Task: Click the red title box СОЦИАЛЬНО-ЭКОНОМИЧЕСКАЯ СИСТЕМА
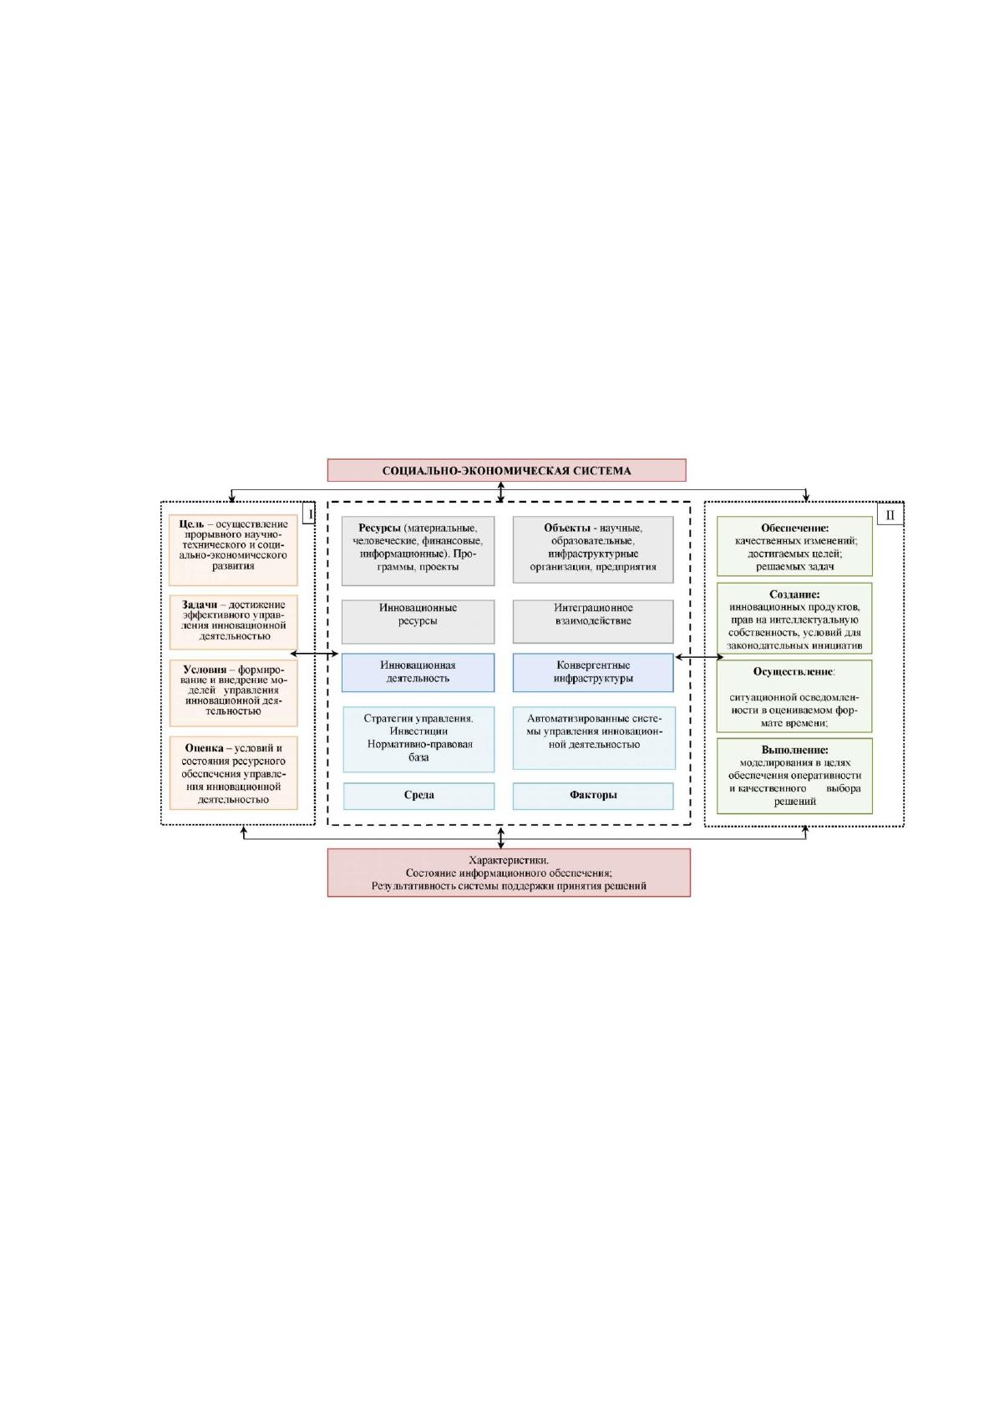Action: (x=506, y=470)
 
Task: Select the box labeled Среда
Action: (x=418, y=796)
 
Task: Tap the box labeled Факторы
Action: (x=593, y=796)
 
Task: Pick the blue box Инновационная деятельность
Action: (x=418, y=672)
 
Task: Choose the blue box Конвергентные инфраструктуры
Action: (x=593, y=672)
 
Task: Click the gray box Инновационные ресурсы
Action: (x=418, y=621)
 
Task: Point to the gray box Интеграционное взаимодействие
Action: (x=593, y=621)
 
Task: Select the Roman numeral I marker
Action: (x=309, y=514)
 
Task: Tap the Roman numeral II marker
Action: (x=890, y=515)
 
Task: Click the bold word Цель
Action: (x=191, y=524)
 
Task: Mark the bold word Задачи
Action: (x=200, y=604)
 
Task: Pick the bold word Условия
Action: (x=205, y=670)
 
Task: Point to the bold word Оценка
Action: (x=204, y=748)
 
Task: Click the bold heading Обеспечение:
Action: (x=795, y=528)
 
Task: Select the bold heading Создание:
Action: (x=794, y=594)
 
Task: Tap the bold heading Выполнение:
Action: (x=795, y=750)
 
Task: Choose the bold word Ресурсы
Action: (x=379, y=528)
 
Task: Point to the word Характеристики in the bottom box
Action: (x=509, y=860)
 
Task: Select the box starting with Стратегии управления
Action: (x=418, y=740)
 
